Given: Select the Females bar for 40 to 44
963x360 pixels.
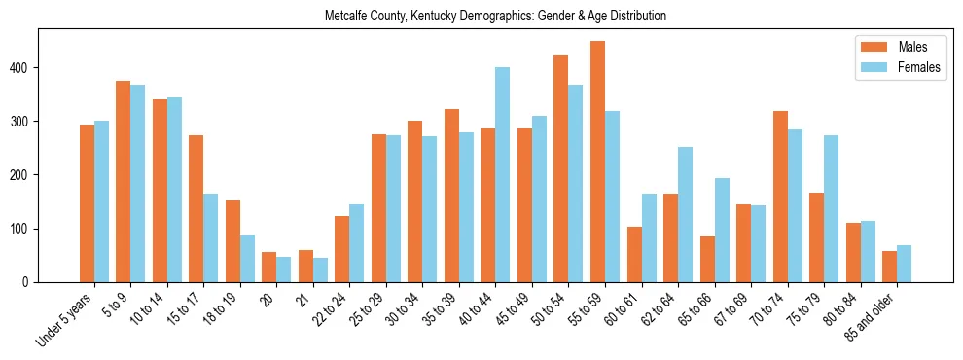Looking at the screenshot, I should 503,175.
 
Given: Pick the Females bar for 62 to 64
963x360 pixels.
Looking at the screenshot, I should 686,215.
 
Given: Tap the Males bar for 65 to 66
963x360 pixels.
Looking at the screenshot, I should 707,260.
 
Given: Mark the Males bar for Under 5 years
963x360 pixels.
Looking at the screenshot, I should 87,203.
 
